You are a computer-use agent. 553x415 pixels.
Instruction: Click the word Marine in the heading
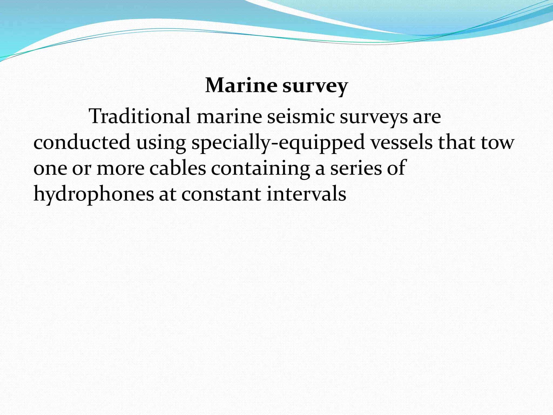click(241, 85)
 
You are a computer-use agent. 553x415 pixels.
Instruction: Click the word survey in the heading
click(315, 86)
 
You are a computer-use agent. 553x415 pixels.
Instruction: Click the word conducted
click(82, 142)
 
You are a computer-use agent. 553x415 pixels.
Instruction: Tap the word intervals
click(306, 193)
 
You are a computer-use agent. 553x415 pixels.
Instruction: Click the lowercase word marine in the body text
click(229, 116)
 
